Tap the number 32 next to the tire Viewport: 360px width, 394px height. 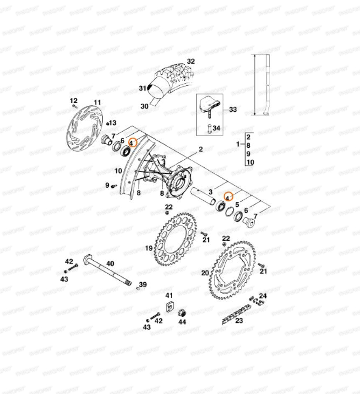click(x=191, y=61)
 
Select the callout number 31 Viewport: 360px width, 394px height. click(x=142, y=88)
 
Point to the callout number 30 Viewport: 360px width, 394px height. click(x=144, y=106)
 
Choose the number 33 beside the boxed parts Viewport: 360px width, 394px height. click(x=233, y=109)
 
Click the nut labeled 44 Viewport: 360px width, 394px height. click(x=182, y=313)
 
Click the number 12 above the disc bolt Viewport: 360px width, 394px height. click(x=74, y=100)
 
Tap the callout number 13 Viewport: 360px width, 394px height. click(x=113, y=123)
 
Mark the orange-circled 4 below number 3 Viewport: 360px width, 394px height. click(x=228, y=197)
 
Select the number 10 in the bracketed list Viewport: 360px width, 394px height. click(x=250, y=162)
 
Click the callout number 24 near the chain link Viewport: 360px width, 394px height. click(x=262, y=296)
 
